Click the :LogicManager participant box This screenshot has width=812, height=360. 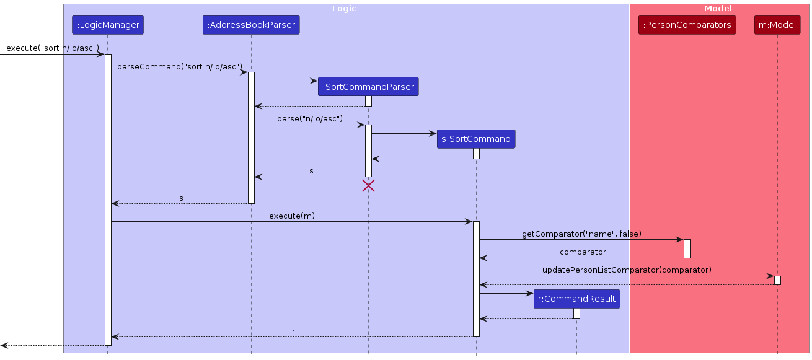pos(107,25)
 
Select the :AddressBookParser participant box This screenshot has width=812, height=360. pos(251,25)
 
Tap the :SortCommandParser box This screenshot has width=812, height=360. pos(368,87)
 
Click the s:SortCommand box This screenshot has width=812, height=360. pos(476,139)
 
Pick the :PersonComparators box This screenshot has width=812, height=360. pos(687,25)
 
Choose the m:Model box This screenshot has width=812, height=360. pos(777,25)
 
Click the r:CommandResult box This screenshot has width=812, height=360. pos(576,299)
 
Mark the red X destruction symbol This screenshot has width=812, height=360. pos(368,185)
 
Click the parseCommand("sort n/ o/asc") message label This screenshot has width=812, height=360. pos(180,66)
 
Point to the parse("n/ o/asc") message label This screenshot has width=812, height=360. pos(309,118)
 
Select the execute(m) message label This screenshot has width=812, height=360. pos(292,216)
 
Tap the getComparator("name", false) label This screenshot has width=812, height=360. pos(581,234)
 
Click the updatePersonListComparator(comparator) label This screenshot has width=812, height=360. pos(627,270)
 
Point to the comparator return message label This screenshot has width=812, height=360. pos(583,252)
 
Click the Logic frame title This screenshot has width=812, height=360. pos(344,9)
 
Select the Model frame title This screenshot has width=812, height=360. pos(718,9)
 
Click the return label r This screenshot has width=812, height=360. pos(293,331)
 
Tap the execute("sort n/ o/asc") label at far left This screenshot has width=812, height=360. pos(53,48)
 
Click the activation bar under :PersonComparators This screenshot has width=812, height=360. pos(687,248)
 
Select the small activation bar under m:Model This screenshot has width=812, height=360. pos(777,280)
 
